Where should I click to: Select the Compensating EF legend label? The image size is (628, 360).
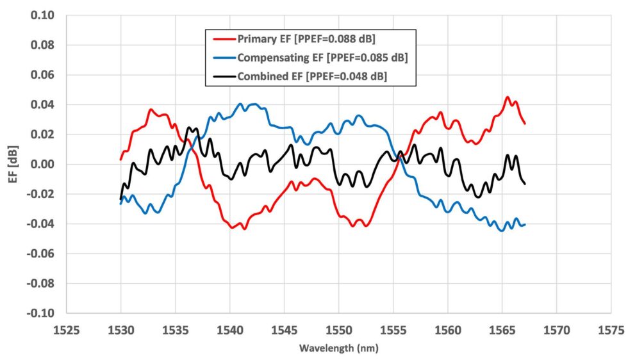[322, 58]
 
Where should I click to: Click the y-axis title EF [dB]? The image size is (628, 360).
[11, 164]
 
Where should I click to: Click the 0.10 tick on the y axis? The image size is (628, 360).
[42, 15]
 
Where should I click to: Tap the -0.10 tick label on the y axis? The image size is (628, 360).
[40, 313]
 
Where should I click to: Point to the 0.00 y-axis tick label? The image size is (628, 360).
[42, 164]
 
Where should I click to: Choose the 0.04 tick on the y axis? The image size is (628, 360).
[42, 104]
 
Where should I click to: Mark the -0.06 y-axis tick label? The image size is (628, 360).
[40, 254]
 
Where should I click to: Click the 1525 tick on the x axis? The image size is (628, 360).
[67, 331]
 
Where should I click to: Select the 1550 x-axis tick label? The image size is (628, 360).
[339, 331]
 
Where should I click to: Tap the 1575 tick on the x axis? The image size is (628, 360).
[611, 331]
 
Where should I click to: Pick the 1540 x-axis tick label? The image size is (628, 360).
[230, 331]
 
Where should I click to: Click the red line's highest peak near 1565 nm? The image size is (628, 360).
[508, 97]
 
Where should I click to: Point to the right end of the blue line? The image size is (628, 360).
[525, 224]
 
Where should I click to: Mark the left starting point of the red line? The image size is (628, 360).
[121, 160]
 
